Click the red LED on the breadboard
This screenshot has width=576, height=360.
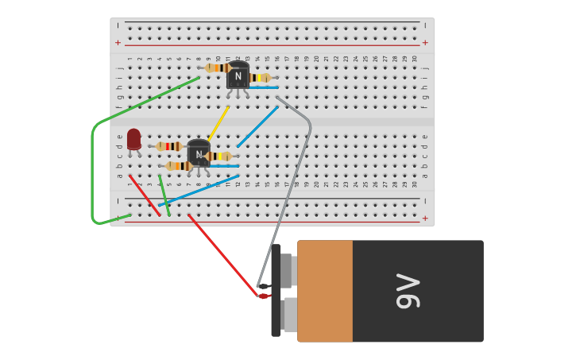133,139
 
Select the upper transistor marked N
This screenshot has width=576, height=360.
238,76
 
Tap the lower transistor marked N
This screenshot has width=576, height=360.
199,153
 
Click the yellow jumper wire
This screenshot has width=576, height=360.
218,122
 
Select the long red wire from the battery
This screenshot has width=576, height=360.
222,254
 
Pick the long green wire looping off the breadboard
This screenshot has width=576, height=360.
93,175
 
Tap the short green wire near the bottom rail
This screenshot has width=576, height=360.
164,196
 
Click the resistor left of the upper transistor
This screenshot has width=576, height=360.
217,68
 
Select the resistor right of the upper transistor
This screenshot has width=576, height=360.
260,78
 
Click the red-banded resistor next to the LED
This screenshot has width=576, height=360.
169,146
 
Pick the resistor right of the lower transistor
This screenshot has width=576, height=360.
219,157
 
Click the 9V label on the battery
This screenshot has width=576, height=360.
408,291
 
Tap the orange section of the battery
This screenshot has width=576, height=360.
325,291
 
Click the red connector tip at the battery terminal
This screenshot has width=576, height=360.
264,296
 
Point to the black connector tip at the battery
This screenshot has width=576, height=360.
264,285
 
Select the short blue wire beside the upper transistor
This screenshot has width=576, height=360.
264,87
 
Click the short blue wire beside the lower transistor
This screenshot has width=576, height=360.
224,166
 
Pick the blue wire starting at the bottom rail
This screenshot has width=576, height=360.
199,191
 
